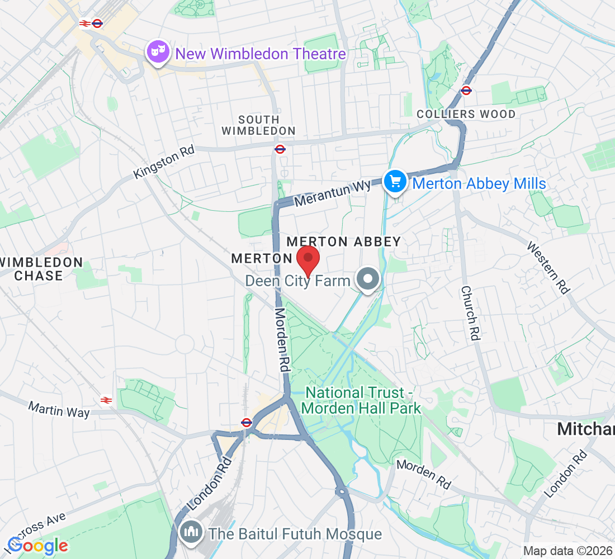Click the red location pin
click(307, 258)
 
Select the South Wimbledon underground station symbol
click(280, 149)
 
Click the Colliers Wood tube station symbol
click(466, 90)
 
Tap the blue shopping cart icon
click(395, 181)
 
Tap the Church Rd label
click(471, 313)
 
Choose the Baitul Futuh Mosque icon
click(191, 533)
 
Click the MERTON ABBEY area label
click(343, 241)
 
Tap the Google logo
click(38, 545)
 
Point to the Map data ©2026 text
click(567, 551)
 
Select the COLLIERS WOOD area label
click(466, 114)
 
